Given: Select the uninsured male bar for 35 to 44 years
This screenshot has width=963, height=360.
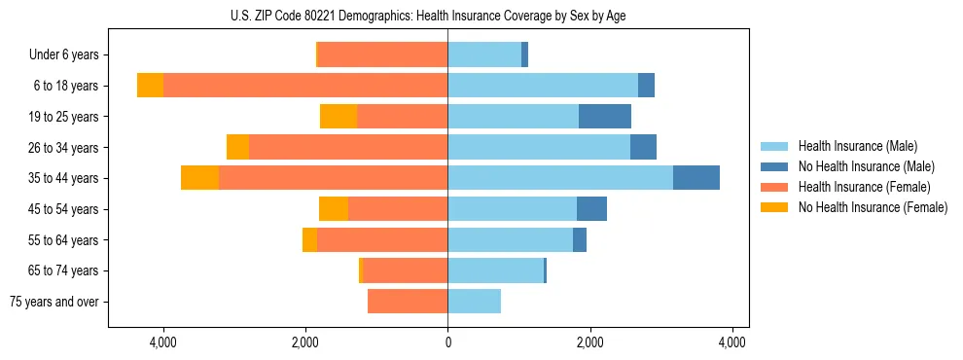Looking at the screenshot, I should (695, 178).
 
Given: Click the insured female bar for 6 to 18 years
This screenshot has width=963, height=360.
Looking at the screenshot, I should (305, 86).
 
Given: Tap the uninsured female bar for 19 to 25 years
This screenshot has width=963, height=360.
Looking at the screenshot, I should (339, 117).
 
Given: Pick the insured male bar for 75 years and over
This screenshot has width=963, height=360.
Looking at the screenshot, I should (475, 302).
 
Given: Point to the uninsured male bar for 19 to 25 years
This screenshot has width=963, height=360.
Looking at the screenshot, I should (604, 117).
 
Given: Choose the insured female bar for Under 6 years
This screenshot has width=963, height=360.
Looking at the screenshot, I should (382, 55).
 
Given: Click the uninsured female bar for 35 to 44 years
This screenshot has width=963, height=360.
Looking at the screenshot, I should (199, 178).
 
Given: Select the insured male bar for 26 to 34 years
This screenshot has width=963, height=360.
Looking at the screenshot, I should (539, 147).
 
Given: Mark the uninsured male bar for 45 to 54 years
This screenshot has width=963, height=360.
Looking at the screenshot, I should (591, 209).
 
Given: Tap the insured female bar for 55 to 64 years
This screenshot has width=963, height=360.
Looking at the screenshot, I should (382, 240).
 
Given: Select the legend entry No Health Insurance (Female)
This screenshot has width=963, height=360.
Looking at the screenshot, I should (873, 207).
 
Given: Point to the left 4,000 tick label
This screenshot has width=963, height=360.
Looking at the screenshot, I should (162, 342).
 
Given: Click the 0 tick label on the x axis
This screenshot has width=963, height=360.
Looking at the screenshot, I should (447, 342).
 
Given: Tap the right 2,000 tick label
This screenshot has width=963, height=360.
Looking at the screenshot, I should (589, 342).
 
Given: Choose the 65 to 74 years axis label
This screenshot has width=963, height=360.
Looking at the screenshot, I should (64, 271).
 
